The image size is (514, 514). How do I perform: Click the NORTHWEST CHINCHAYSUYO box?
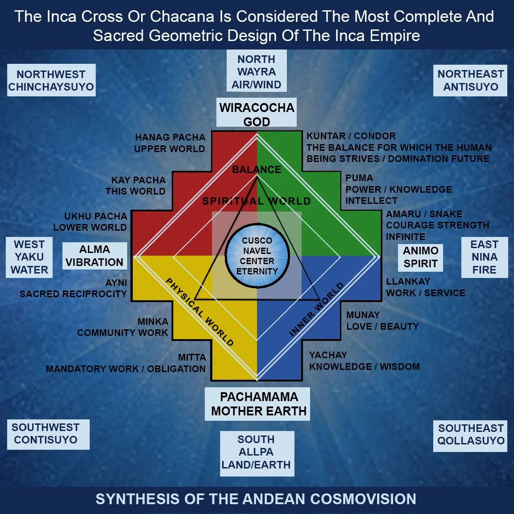tap(51, 80)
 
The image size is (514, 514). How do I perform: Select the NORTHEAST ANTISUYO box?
tap(470, 80)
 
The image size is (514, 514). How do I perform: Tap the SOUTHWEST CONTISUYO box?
tap(46, 434)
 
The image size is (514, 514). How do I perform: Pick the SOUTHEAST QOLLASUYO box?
tap(470, 435)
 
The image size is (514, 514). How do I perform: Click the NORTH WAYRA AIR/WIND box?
tap(257, 72)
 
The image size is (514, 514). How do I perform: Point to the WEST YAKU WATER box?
tap(29, 257)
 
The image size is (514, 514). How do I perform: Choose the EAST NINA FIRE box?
tap(484, 257)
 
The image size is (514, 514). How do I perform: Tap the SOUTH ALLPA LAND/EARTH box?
tap(257, 452)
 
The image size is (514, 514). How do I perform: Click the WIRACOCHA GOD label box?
tap(257, 114)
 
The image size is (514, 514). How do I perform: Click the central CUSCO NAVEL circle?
tap(257, 256)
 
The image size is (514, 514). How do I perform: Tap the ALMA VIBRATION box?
tap(95, 256)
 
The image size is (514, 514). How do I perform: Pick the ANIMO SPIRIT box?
tap(420, 257)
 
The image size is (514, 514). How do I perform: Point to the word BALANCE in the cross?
tap(257, 170)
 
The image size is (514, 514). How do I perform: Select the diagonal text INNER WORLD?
tap(316, 309)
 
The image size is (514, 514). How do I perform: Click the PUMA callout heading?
tap(359, 178)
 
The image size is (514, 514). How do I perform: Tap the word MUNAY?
tap(363, 315)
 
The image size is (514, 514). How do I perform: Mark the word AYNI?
tap(116, 283)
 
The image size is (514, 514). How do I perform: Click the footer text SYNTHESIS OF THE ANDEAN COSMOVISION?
tap(256, 499)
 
